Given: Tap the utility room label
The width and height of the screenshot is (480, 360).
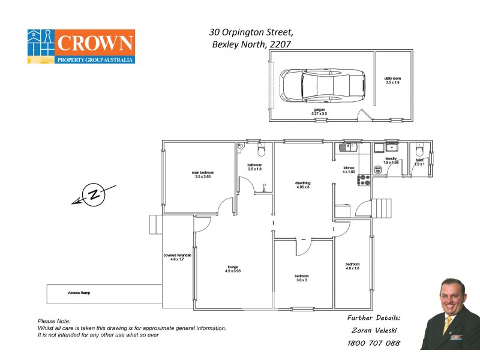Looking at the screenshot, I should (392, 80).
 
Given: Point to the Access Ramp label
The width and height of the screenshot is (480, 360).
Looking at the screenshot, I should (78, 293).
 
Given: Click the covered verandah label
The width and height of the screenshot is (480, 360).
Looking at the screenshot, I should (177, 257).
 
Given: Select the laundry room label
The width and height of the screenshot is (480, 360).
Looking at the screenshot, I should (391, 160).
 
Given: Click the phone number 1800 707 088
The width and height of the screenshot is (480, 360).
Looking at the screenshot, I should (373, 344).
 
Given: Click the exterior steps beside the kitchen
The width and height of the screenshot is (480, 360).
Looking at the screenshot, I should (381, 208).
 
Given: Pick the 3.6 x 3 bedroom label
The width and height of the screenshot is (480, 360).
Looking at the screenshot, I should (301, 278).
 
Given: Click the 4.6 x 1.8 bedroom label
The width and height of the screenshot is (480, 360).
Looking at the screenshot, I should (352, 266).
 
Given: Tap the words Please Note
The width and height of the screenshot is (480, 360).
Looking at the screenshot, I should (54, 322).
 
